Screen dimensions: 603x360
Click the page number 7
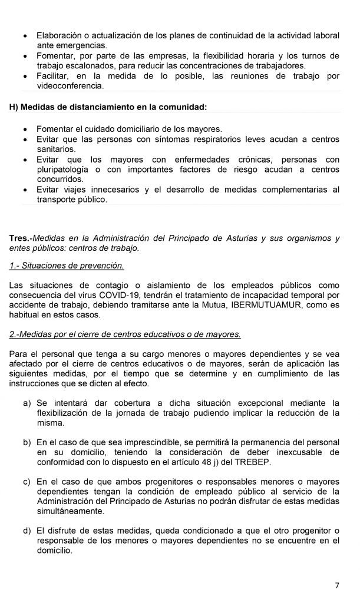(337, 585)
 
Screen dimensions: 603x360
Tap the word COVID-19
(118, 295)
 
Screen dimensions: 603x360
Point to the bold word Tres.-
(21, 238)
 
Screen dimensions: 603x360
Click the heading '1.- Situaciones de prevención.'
(67, 266)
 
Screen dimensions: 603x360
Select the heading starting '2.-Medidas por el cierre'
(125, 334)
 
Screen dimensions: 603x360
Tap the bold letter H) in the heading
(15, 107)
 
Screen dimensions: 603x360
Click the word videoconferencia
(70, 86)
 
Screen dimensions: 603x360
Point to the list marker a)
(27, 403)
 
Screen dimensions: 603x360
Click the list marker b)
(27, 442)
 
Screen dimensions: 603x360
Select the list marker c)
(27, 481)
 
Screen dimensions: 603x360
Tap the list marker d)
(27, 530)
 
